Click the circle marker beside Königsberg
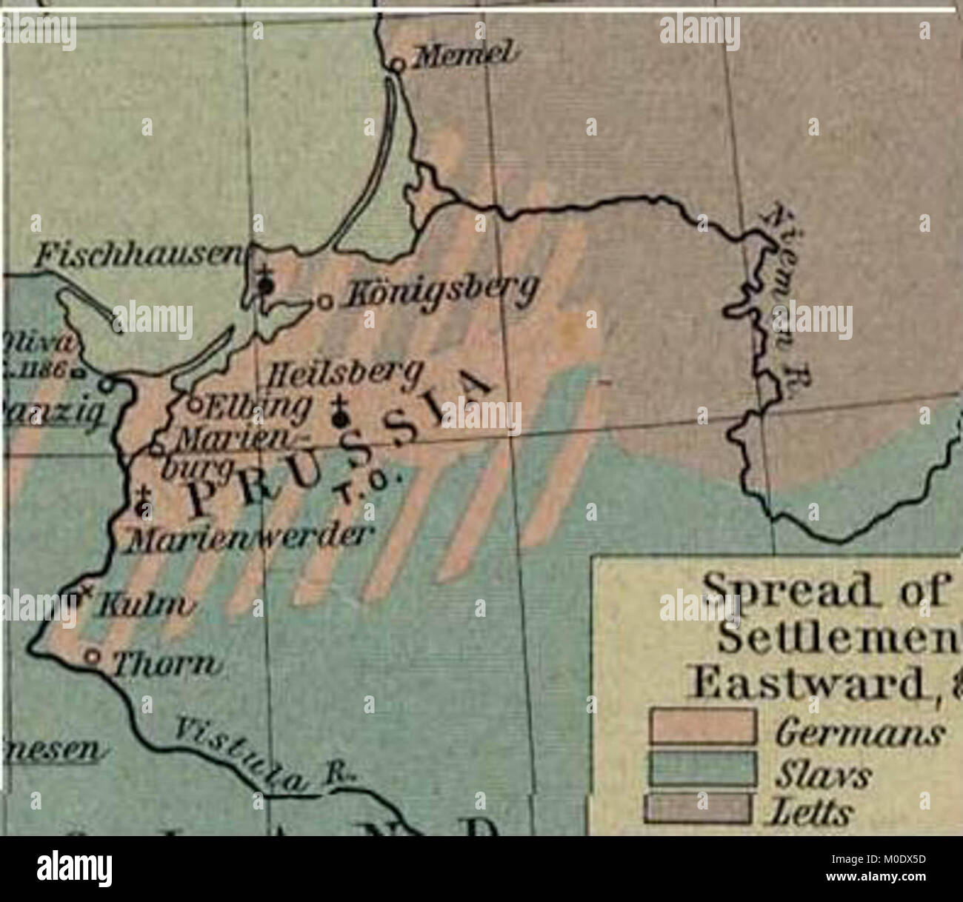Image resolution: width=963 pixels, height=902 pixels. point(323,302)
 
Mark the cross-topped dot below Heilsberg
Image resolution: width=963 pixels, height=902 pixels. point(341,418)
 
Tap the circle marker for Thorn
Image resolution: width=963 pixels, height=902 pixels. point(92,656)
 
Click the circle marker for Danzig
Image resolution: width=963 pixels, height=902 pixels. point(108,385)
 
